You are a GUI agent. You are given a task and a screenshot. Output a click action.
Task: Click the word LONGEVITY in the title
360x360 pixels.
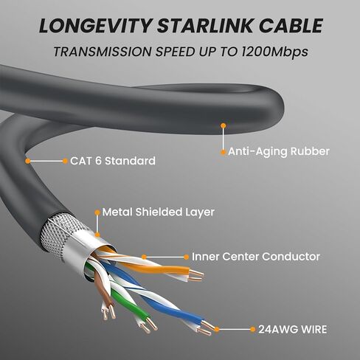click(95, 26)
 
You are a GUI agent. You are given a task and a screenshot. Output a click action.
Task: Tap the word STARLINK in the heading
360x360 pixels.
click(205, 26)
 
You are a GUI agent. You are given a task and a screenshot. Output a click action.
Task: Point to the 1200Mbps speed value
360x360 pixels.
click(274, 52)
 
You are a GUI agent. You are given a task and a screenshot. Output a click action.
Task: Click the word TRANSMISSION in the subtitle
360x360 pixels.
click(103, 52)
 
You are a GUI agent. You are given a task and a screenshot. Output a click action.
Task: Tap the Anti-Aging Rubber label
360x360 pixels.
click(279, 151)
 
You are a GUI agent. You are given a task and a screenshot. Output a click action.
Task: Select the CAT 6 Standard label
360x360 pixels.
click(113, 161)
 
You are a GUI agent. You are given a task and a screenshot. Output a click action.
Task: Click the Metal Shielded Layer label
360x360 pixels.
click(159, 212)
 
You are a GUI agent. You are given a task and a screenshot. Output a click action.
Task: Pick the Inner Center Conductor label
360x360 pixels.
click(256, 257)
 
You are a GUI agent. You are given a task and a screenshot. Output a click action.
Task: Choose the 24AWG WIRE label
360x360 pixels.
click(293, 330)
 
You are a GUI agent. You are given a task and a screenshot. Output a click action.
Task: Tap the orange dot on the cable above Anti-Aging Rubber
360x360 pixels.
click(224, 126)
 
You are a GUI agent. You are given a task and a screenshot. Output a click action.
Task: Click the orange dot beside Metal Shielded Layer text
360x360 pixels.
click(97, 212)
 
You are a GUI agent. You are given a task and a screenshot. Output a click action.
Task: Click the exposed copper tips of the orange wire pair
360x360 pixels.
click(196, 275)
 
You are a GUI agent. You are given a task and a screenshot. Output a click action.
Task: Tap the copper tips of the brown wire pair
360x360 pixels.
click(108, 312)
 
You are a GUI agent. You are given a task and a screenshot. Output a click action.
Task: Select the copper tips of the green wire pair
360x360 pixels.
click(148, 325)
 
